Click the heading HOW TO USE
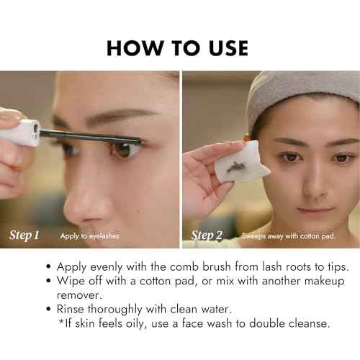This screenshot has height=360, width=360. tap(177, 48)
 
